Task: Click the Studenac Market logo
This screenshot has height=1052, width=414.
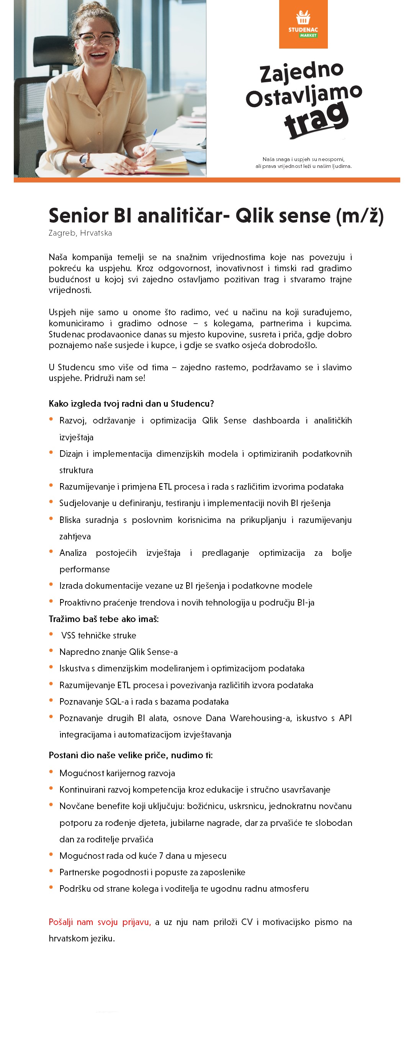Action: tap(303, 24)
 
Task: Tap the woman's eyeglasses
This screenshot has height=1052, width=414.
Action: tap(97, 39)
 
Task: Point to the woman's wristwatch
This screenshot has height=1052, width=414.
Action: tap(84, 160)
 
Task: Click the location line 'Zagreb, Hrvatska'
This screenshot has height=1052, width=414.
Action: tap(80, 233)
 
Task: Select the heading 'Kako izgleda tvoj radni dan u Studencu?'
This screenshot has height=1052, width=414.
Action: tap(131, 404)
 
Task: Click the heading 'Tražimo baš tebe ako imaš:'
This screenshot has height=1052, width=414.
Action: tap(103, 619)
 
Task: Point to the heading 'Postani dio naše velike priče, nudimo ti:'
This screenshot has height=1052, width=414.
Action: tap(130, 755)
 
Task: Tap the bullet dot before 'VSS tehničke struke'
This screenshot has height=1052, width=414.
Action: tap(51, 634)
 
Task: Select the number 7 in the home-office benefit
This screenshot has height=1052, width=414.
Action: tap(161, 856)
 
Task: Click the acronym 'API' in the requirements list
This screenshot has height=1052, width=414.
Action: tap(345, 718)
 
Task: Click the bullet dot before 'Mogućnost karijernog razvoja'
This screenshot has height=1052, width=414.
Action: tap(51, 772)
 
